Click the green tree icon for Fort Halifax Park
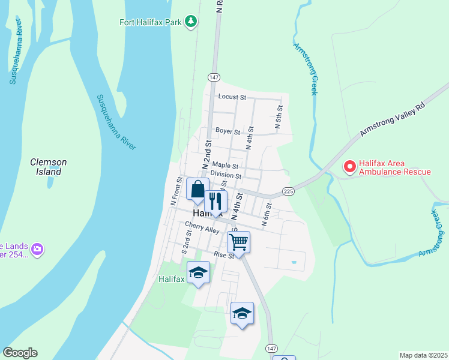coord(191,22)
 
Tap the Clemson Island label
coord(49,167)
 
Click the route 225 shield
coord(288,191)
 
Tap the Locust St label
coord(232,97)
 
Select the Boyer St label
coord(228,131)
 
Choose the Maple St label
coord(225,166)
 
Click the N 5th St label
coord(279,117)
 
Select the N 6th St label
coord(267,214)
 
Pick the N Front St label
coord(176,191)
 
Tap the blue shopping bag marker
coord(197,190)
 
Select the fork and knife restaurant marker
coord(215,201)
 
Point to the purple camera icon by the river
coord(37,248)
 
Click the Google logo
coord(20,353)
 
